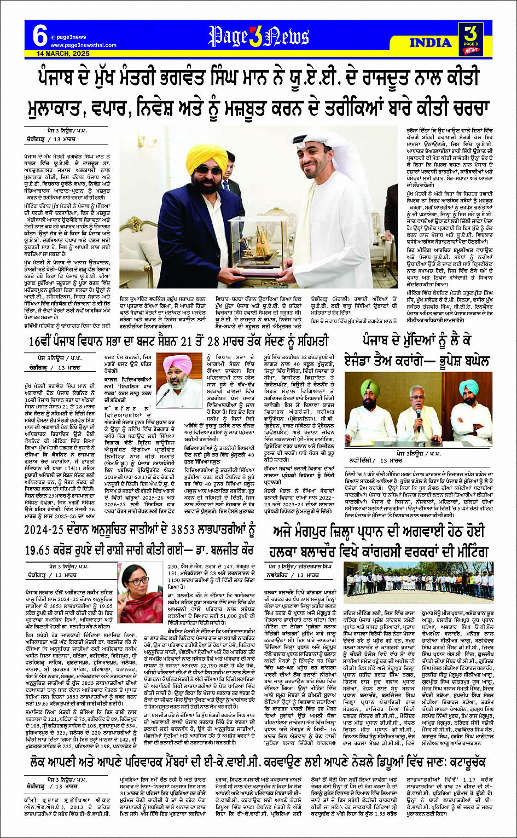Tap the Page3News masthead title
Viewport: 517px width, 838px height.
(x=259, y=36)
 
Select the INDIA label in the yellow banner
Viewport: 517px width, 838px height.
(x=431, y=43)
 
